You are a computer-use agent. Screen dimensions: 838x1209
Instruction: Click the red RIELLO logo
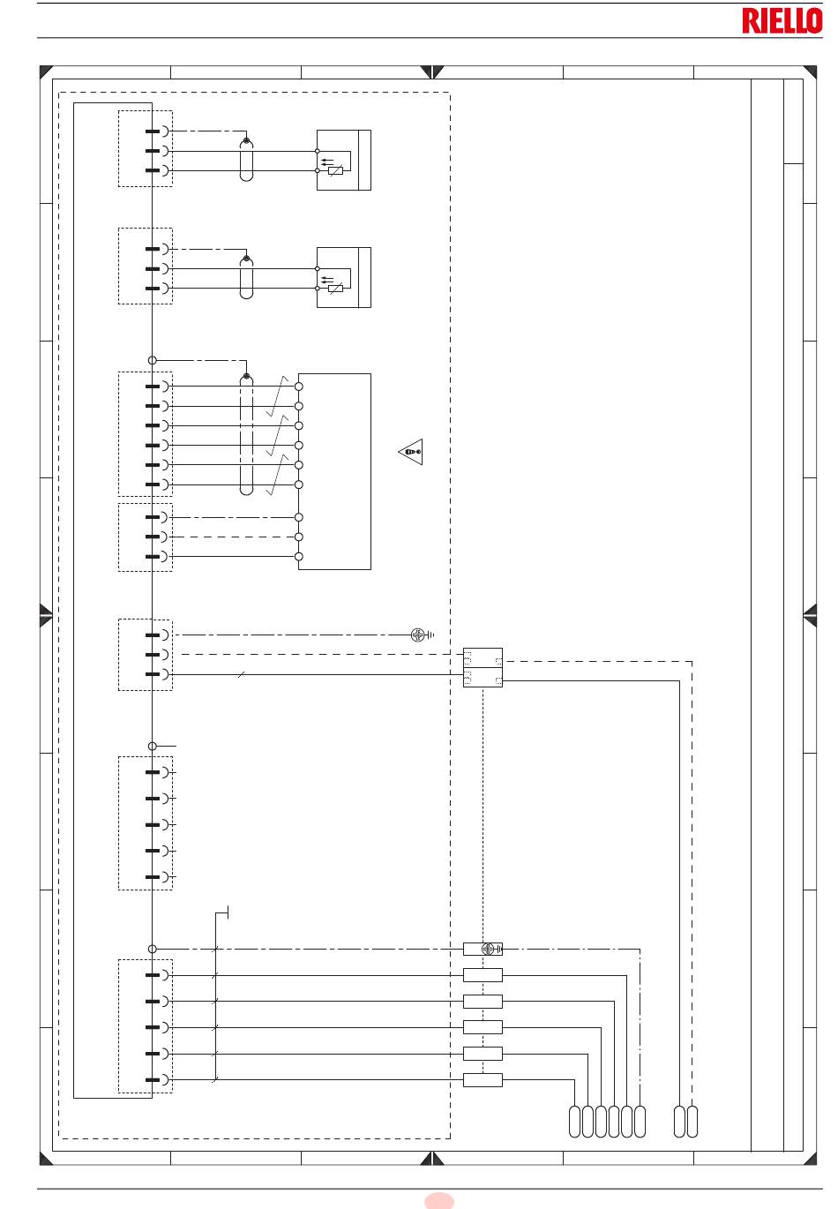click(782, 21)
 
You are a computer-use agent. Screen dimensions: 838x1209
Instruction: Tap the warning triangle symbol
click(411, 451)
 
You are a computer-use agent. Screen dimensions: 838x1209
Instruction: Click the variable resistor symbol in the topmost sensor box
click(335, 171)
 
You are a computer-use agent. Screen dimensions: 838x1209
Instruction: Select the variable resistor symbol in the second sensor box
click(335, 289)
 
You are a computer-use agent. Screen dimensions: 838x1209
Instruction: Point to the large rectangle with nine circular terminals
click(334, 471)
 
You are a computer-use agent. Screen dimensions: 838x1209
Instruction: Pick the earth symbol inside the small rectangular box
click(489, 949)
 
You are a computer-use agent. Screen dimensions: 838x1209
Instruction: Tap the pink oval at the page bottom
click(439, 1201)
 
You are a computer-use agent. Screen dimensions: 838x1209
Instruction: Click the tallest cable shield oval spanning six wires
click(247, 434)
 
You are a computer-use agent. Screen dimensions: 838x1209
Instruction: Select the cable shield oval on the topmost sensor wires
click(247, 160)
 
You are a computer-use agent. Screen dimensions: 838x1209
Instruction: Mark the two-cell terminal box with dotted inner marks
click(483, 668)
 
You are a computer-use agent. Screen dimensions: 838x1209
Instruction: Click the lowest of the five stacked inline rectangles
click(483, 1080)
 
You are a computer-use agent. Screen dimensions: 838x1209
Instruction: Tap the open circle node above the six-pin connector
click(153, 360)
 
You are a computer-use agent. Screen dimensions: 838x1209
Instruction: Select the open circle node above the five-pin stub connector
click(153, 746)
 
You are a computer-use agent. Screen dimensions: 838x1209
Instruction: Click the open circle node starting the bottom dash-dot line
click(153, 949)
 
